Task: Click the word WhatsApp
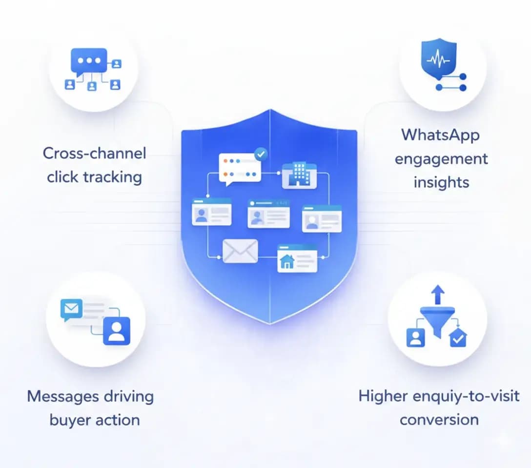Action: pyautogui.click(x=440, y=135)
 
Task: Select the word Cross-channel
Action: pyautogui.click(x=94, y=153)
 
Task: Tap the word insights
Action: pyautogui.click(x=441, y=182)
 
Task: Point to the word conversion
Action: pyautogui.click(x=439, y=419)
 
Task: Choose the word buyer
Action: pyautogui.click(x=68, y=420)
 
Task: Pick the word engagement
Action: pyautogui.click(x=441, y=158)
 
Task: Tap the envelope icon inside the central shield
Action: pyautogui.click(x=240, y=251)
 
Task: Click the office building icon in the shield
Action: pyautogui.click(x=299, y=175)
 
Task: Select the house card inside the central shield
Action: pyautogui.click(x=297, y=258)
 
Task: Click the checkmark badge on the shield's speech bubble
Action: pyautogui.click(x=262, y=154)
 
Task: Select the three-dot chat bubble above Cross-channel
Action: pyautogui.click(x=88, y=60)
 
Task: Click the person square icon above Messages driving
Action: pyautogui.click(x=116, y=331)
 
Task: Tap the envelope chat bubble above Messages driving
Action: pyautogui.click(x=71, y=309)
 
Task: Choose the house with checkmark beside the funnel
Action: pyautogui.click(x=457, y=338)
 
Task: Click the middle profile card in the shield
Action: pyautogui.click(x=268, y=214)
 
